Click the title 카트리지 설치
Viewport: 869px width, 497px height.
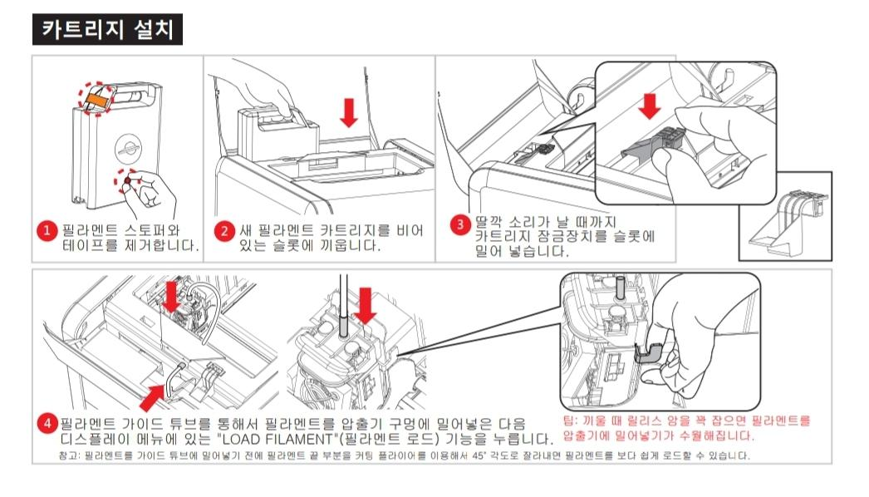[x=107, y=30]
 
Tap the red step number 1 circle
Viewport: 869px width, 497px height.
[x=47, y=230]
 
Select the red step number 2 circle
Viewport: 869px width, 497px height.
[x=224, y=230]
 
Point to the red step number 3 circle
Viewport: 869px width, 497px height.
[x=460, y=224]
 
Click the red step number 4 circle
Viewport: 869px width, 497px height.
[x=47, y=424]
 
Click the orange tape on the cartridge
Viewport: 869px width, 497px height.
[x=95, y=99]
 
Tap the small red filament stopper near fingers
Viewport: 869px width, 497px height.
[x=127, y=180]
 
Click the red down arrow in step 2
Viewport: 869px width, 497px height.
[x=349, y=112]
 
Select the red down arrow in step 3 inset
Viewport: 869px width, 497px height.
[x=649, y=106]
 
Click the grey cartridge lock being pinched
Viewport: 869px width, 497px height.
[x=654, y=144]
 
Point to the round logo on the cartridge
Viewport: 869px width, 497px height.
[x=128, y=148]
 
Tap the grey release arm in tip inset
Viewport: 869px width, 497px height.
[x=648, y=352]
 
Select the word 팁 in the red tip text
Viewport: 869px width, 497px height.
[x=568, y=421]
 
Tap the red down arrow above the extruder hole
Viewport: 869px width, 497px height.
[x=365, y=306]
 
